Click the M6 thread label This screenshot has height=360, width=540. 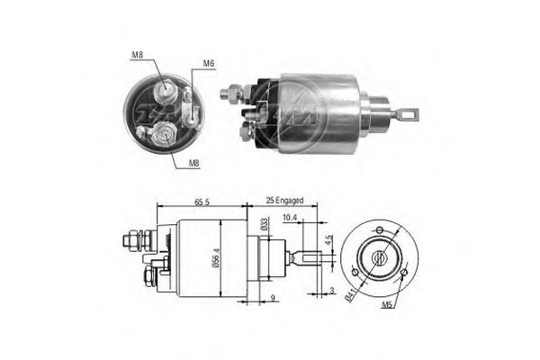click(x=208, y=63)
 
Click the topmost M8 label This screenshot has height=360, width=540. click(x=137, y=56)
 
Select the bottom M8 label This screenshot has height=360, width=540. click(x=193, y=163)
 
